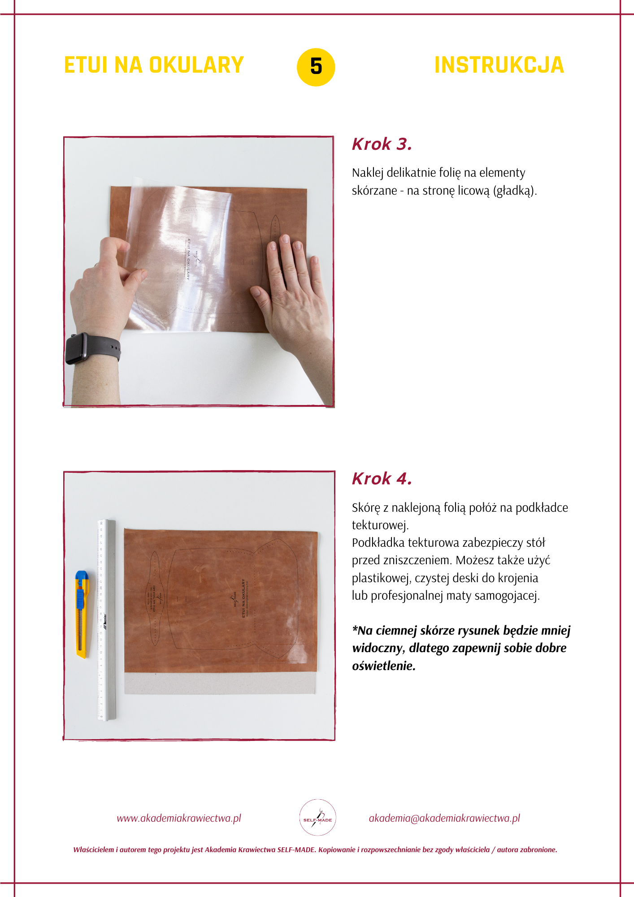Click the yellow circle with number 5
click(x=316, y=67)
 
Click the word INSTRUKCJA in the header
click(x=499, y=65)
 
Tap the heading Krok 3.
click(x=382, y=144)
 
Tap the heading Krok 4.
click(x=382, y=479)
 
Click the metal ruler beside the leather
click(x=107, y=619)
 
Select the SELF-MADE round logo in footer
click(x=317, y=817)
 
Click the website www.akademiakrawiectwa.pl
click(x=179, y=818)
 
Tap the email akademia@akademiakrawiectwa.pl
click(x=444, y=818)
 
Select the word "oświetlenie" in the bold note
click(x=383, y=666)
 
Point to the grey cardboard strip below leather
click(x=220, y=684)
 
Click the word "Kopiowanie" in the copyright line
click(x=336, y=849)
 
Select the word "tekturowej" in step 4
click(x=379, y=525)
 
